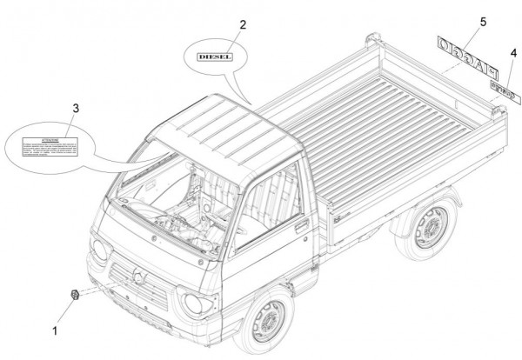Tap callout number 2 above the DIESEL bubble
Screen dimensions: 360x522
[x=243, y=24]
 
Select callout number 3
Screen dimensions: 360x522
[x=76, y=108]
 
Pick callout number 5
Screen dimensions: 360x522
[x=458, y=20]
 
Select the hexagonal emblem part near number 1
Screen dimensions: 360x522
[x=76, y=297]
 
